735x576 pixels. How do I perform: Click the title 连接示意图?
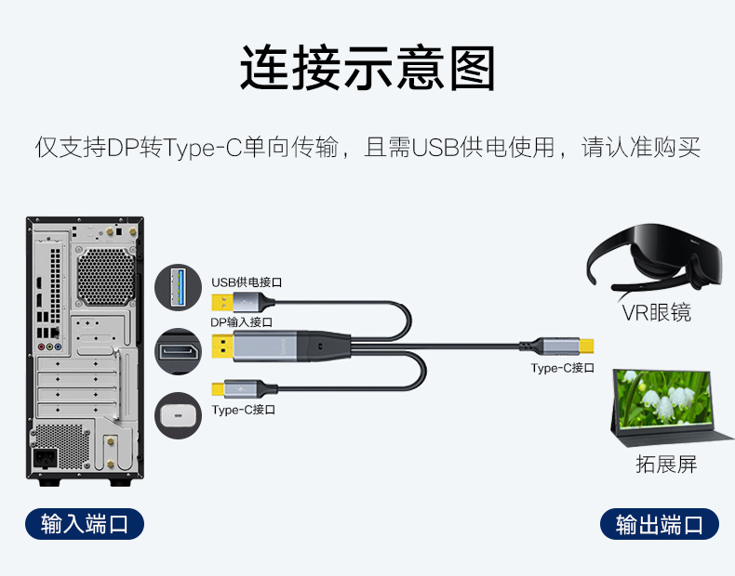[367, 67]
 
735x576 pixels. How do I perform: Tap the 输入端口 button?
[84, 524]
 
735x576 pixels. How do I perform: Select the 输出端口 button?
[660, 525]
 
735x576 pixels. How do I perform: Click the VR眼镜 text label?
[656, 312]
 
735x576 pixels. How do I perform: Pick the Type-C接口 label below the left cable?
[244, 410]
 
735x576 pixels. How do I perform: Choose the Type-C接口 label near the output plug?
[563, 368]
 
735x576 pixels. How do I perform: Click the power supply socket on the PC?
[46, 458]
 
